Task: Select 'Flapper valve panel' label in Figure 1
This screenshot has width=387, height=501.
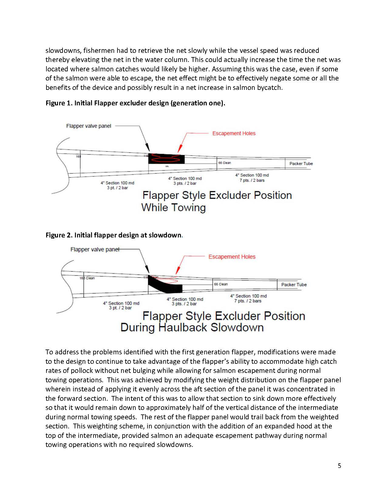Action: pyautogui.click(x=89, y=126)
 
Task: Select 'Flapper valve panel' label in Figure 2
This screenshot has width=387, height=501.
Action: pyautogui.click(x=94, y=250)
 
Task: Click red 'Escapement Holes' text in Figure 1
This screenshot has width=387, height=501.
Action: pyautogui.click(x=234, y=133)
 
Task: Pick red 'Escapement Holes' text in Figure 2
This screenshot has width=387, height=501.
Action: pyautogui.click(x=232, y=257)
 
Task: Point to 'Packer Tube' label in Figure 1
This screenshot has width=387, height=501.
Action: pyautogui.click(x=301, y=164)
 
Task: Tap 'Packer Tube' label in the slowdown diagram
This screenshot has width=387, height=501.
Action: pyautogui.click(x=294, y=285)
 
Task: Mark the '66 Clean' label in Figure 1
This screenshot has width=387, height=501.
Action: pyautogui.click(x=225, y=163)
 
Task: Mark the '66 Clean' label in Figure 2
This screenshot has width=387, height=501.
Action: pyautogui.click(x=221, y=284)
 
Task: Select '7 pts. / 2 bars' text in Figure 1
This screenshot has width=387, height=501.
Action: pyautogui.click(x=252, y=180)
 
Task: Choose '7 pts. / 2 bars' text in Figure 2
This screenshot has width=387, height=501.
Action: pyautogui.click(x=248, y=301)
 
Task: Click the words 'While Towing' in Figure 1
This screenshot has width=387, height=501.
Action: pyautogui.click(x=173, y=208)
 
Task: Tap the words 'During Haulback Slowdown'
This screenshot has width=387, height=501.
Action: pyautogui.click(x=192, y=328)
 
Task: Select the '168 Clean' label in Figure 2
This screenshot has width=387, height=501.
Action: pyautogui.click(x=87, y=278)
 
